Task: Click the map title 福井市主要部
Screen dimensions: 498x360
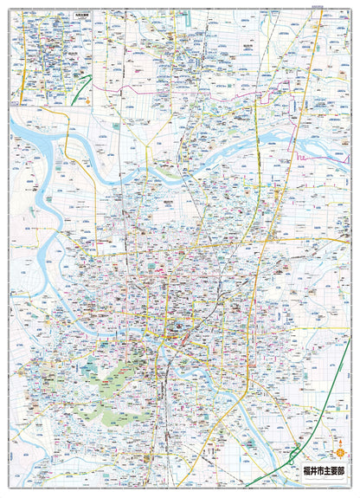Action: point(326,471)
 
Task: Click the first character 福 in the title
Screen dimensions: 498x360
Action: point(308,471)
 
